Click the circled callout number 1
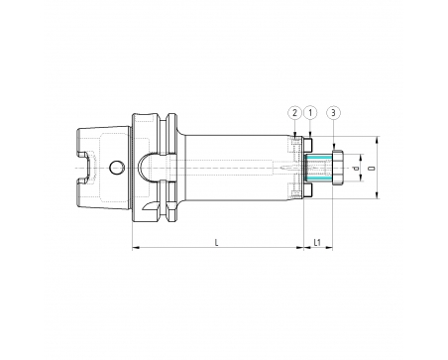310,113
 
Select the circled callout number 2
294,113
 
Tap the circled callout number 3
333,113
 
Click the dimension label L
217,243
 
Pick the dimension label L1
317,243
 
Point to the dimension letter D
374,169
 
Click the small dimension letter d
356,169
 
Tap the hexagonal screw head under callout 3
338,168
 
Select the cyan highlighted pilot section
318,168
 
